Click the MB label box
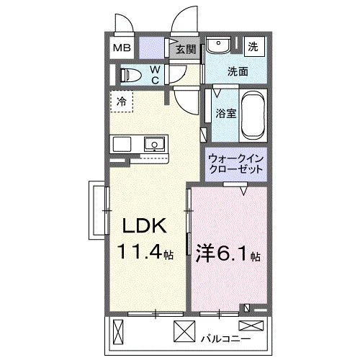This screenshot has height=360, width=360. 122,48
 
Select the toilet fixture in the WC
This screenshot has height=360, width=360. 131,74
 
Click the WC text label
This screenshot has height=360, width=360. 155,74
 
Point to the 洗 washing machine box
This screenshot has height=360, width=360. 253,45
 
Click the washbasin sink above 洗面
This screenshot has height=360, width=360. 217,45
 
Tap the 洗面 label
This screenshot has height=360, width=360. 238,72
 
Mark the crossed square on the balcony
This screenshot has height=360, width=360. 184,333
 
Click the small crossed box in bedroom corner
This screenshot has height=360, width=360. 249,310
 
